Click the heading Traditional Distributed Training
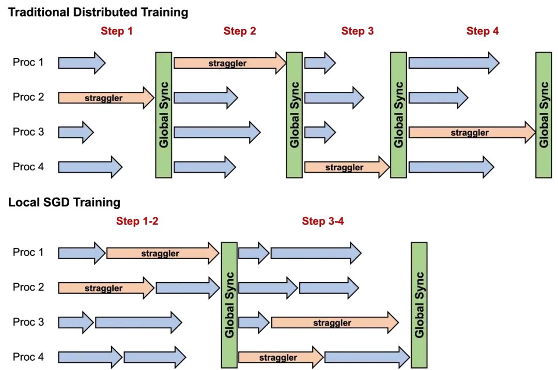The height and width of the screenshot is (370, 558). tap(98, 12)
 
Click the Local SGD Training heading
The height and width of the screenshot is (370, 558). tap(64, 202)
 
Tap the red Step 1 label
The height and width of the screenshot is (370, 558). tap(116, 31)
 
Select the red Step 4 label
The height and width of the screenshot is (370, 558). tap(483, 31)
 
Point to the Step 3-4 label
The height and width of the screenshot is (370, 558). tap(323, 221)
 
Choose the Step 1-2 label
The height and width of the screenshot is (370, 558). tap(137, 221)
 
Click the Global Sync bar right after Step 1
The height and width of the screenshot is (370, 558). tap(164, 115)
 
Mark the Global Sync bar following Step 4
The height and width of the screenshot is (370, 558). tap(544, 115)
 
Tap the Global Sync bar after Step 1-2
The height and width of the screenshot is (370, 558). tap(229, 304)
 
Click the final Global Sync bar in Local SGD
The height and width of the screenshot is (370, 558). tap(419, 304)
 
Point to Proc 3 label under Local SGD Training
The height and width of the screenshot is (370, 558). tap(28, 323)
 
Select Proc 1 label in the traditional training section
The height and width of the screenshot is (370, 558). tap(28, 63)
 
